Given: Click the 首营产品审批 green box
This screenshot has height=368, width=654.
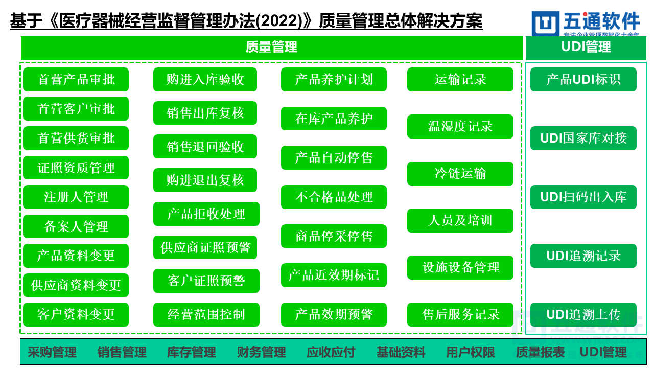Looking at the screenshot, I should tap(76, 80).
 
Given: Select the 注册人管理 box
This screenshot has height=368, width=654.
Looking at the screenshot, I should tap(76, 197).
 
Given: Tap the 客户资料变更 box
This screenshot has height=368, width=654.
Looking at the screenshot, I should tap(76, 314).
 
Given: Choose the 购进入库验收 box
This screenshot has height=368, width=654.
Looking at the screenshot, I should tap(205, 80).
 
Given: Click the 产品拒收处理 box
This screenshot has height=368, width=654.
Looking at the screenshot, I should tap(206, 214).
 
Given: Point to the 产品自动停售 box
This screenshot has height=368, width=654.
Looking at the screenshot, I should tap(334, 158).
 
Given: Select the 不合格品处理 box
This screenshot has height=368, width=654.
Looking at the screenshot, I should tap(334, 197).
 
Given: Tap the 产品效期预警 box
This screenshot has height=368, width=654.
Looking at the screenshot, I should tap(334, 314).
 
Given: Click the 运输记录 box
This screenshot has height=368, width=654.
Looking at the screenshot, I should tap(460, 80).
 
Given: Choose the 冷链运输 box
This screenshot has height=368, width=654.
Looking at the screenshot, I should tap(460, 174).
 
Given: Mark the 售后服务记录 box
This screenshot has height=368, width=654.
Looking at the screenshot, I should tap(460, 314).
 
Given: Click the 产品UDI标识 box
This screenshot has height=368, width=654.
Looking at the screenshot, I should tap(583, 80).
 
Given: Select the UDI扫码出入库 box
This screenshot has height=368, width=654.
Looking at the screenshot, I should tap(583, 197).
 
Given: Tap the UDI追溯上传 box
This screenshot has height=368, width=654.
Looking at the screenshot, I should tap(583, 314).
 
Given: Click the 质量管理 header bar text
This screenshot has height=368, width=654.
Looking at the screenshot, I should tap(271, 48).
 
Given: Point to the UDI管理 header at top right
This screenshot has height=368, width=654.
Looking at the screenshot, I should tap(586, 48).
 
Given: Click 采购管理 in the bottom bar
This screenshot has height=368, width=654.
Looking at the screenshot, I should tap(52, 352).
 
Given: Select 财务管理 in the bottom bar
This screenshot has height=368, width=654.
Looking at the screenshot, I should tap(261, 352).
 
